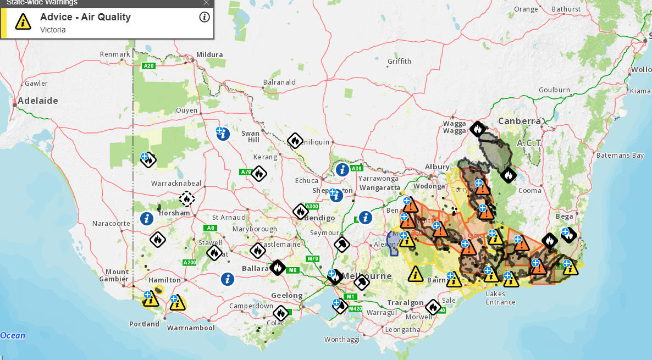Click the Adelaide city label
(38, 101)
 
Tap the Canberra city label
(520, 121)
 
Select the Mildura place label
(209, 54)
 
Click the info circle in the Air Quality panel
(205, 17)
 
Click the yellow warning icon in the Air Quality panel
(23, 22)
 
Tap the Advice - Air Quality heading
(85, 17)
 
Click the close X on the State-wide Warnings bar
(206, 3)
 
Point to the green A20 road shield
(148, 66)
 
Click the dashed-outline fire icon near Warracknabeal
(187, 198)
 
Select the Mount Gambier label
(117, 275)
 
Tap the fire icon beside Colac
(281, 313)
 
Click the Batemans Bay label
(620, 156)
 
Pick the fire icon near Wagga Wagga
(477, 129)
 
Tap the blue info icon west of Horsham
(146, 219)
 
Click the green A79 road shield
(246, 172)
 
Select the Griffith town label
(399, 61)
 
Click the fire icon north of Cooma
(509, 175)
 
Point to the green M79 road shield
(313, 259)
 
